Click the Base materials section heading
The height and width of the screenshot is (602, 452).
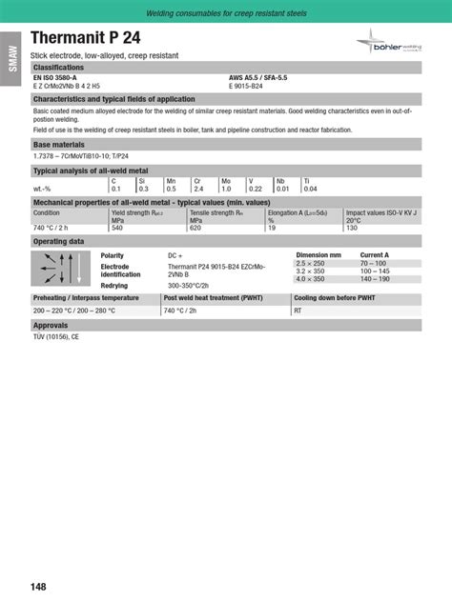[59, 145]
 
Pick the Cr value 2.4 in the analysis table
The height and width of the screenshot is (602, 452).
[197, 189]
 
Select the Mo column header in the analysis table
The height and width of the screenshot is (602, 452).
[226, 180]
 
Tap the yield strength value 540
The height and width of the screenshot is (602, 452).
[117, 228]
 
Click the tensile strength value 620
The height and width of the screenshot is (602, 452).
[195, 228]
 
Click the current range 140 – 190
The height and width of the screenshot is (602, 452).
[374, 279]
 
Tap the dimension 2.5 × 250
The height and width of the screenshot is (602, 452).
[311, 263]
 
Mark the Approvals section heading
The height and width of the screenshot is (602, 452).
[51, 325]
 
